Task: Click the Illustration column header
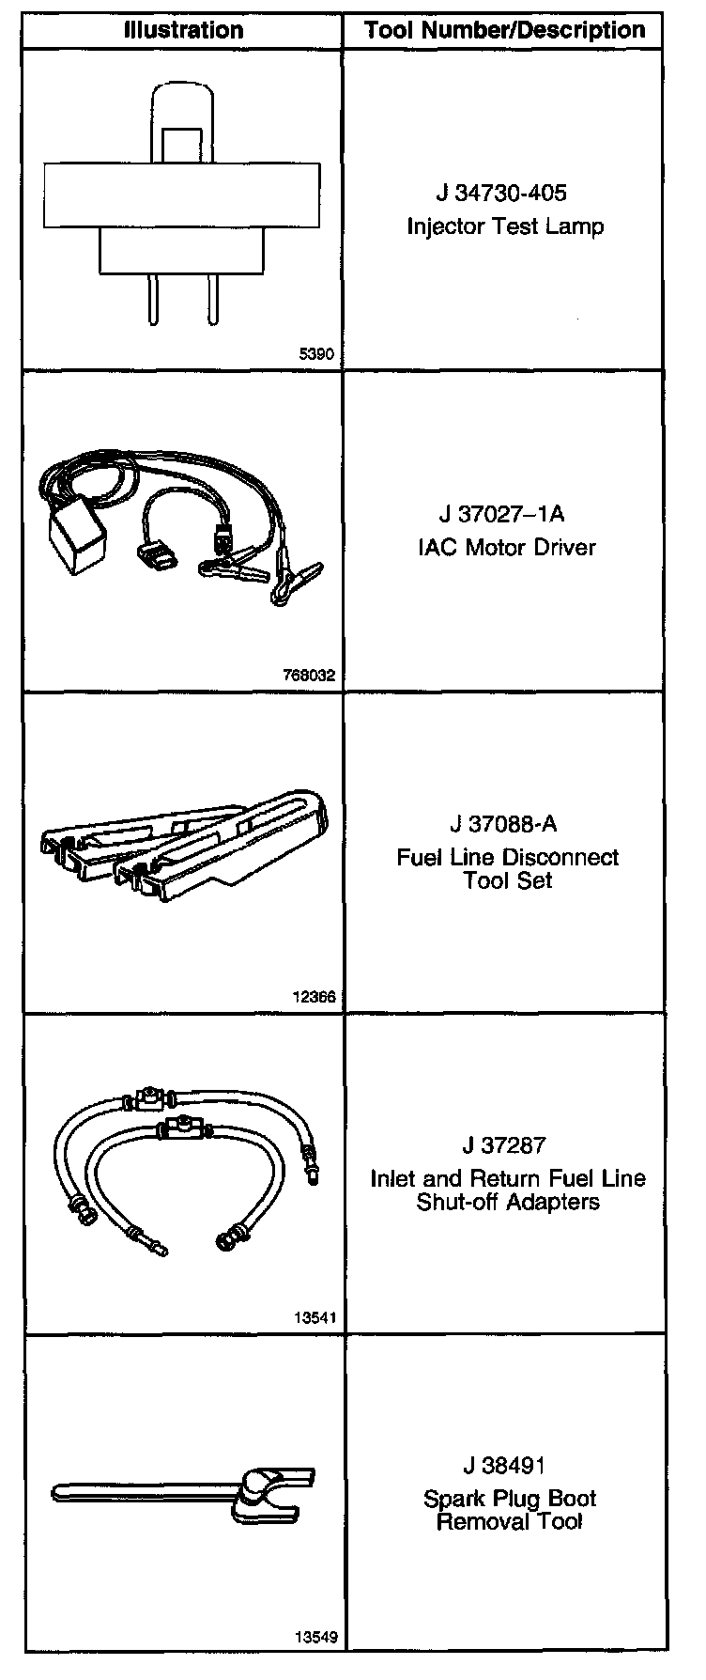click(x=183, y=30)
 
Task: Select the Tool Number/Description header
click(x=505, y=30)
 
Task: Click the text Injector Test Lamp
click(x=505, y=226)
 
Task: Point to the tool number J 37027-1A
click(x=502, y=515)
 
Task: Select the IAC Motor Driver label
click(x=506, y=547)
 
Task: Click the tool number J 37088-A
click(x=503, y=824)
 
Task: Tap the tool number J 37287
click(x=504, y=1145)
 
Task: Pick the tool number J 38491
click(x=504, y=1465)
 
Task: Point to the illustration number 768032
click(x=309, y=675)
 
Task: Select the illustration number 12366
click(x=314, y=997)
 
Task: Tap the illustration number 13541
click(x=314, y=1317)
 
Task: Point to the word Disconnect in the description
click(x=560, y=857)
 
